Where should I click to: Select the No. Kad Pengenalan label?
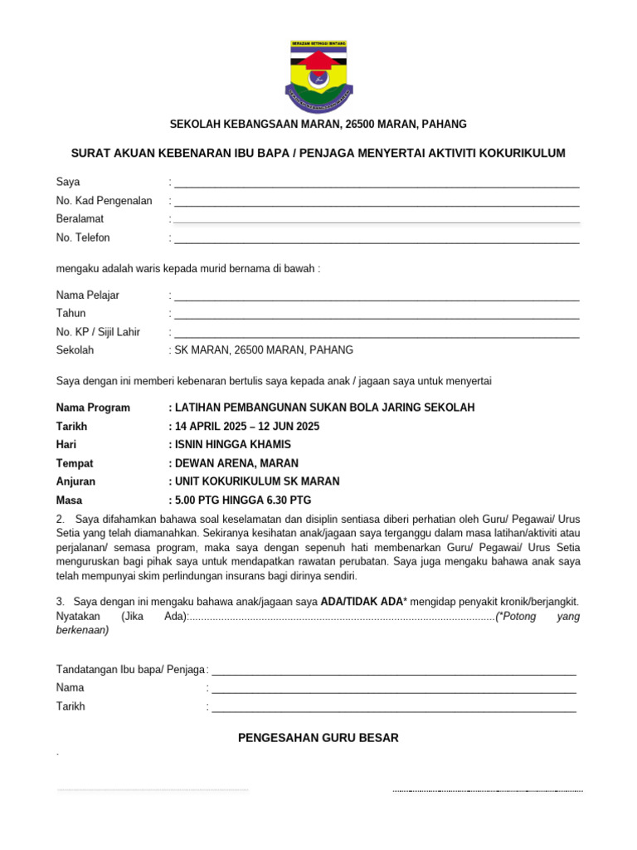104,200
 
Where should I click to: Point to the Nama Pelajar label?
88,295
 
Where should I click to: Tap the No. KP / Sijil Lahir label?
98,332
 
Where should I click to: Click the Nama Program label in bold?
93,408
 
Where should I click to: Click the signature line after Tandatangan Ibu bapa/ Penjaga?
394,672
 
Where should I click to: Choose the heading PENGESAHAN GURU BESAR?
318,737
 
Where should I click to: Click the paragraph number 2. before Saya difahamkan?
61,520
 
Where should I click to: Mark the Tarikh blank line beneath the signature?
394,709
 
